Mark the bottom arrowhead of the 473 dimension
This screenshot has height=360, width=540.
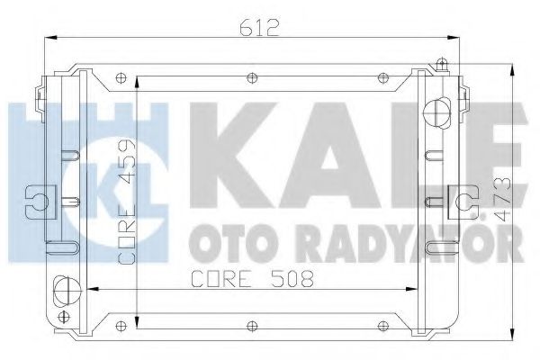pyautogui.click(x=514, y=328)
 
